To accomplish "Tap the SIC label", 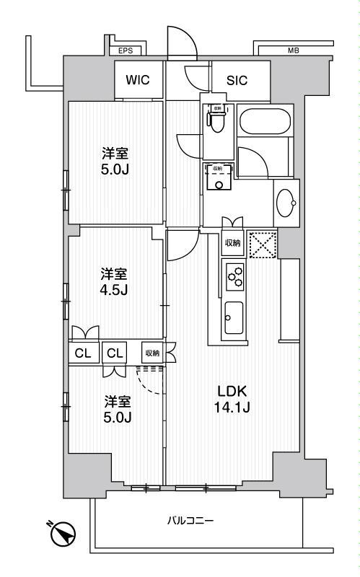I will (x=237, y=81).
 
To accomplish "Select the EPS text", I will (x=126, y=51).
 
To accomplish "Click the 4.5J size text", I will (x=114, y=290).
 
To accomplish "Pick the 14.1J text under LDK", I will (x=233, y=408).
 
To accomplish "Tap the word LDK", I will (x=233, y=392).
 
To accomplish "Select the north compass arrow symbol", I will (x=64, y=534).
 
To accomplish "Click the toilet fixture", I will (x=217, y=120).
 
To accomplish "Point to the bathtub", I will (x=265, y=121).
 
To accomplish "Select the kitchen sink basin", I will (x=234, y=318).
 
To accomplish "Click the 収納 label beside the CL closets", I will (x=152, y=353).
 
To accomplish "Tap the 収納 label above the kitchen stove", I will (x=232, y=243).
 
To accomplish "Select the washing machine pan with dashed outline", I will (x=219, y=176).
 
